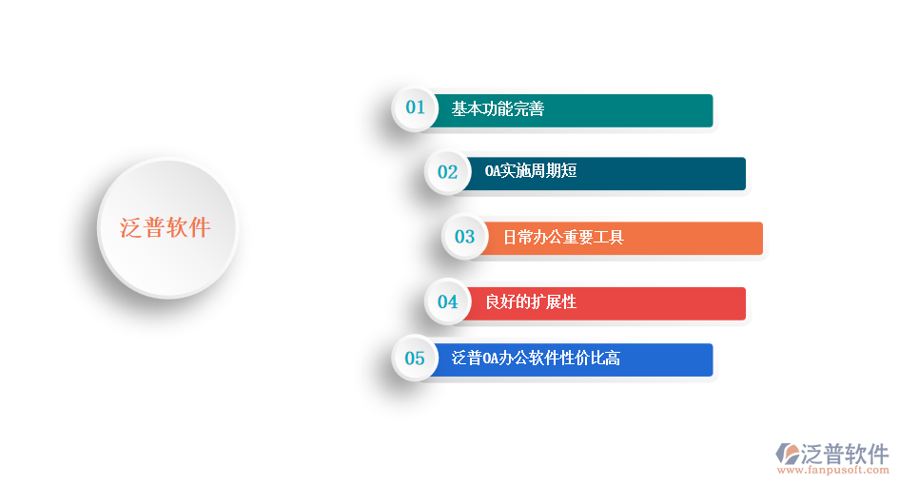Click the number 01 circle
point(415,107)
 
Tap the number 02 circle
point(447,172)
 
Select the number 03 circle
point(464,237)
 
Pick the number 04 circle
point(447,302)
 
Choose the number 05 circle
point(415,359)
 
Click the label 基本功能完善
point(498,109)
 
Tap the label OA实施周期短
point(531,172)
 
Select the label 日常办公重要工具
point(563,237)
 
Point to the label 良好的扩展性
point(531,302)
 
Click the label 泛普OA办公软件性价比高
point(536,359)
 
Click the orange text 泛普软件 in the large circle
point(166,228)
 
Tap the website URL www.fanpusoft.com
point(832,470)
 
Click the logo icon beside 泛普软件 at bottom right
point(789,453)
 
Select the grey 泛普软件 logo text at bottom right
point(847,453)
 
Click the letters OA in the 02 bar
point(493,172)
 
